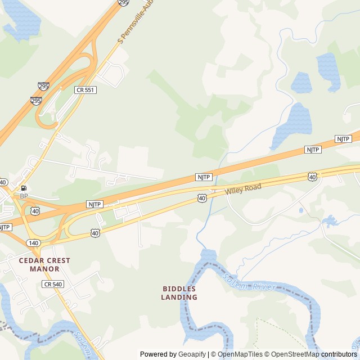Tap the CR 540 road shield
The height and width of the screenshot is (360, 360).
click(x=52, y=284)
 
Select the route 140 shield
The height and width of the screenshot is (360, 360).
click(x=33, y=242)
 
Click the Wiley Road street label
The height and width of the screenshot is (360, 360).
click(x=244, y=189)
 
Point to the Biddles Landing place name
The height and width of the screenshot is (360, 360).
click(x=179, y=292)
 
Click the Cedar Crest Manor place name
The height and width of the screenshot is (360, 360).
click(x=44, y=264)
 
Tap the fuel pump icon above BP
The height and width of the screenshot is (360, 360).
click(x=24, y=188)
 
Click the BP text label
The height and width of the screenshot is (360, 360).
click(x=24, y=196)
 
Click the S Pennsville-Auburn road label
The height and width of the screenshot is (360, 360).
click(x=136, y=22)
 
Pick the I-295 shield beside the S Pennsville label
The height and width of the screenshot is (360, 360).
click(x=123, y=2)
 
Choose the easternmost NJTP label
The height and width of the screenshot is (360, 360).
click(x=343, y=138)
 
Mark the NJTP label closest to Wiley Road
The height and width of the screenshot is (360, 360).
click(x=204, y=177)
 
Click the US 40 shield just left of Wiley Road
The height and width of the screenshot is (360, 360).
click(x=202, y=198)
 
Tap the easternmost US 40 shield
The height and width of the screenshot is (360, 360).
click(x=312, y=176)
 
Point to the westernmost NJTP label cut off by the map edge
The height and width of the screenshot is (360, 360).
click(x=4, y=227)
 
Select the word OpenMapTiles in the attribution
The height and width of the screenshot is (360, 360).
click(x=240, y=354)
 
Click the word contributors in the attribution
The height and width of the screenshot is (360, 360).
click(x=340, y=354)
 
